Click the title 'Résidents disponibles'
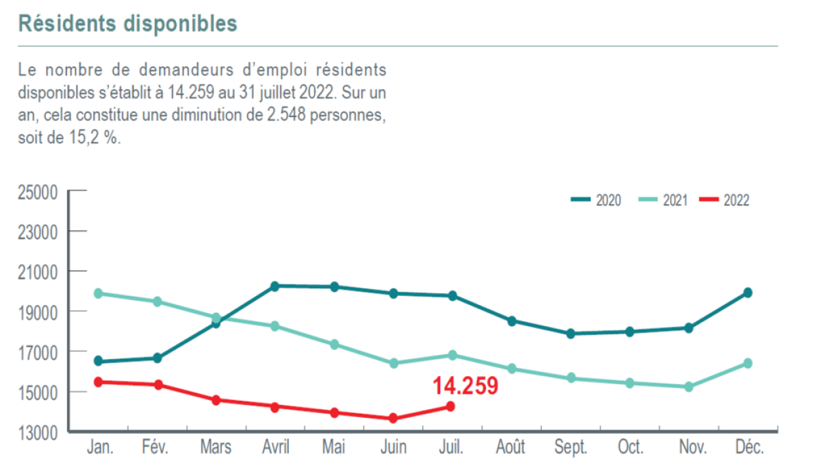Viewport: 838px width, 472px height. coord(127,23)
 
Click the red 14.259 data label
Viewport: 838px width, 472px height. coord(465,386)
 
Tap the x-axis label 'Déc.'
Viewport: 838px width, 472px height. coord(748,448)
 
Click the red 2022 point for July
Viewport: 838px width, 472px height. coord(450,406)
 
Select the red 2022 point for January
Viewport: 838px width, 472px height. coord(98,382)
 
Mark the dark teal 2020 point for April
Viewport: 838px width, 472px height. coord(275,286)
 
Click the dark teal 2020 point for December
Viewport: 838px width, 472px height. coord(748,293)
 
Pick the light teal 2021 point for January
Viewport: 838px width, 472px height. coord(98,293)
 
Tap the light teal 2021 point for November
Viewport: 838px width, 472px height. coord(689,386)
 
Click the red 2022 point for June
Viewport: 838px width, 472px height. coord(393,418)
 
